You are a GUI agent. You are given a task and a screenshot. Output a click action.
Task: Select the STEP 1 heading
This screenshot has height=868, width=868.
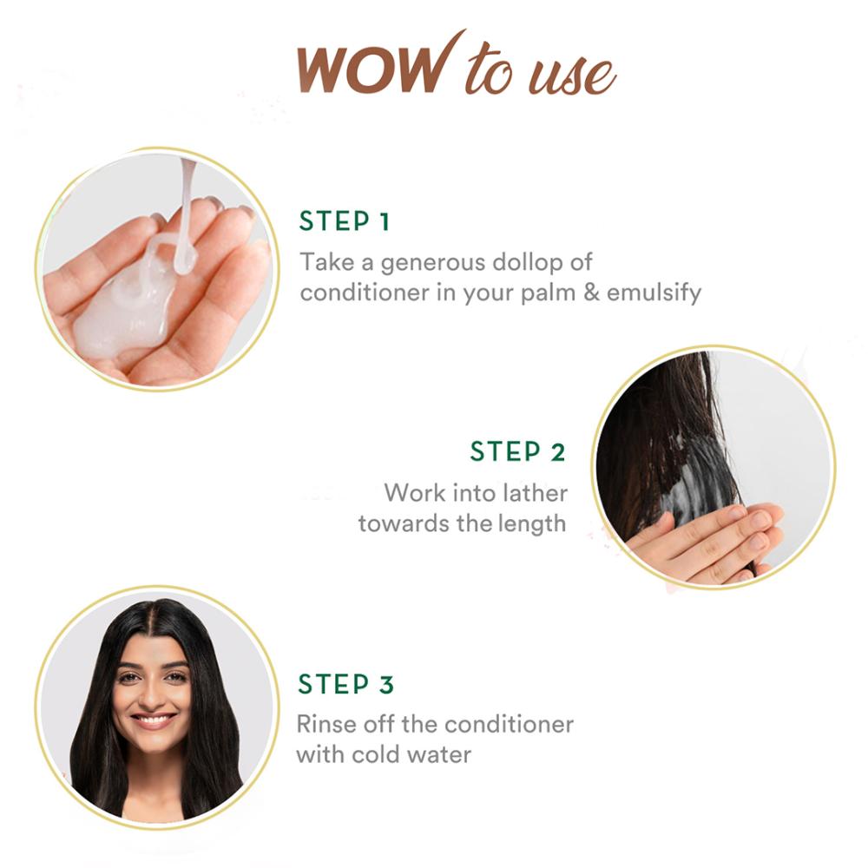[x=345, y=220]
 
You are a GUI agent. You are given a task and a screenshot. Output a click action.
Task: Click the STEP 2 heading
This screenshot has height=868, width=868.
[x=517, y=451]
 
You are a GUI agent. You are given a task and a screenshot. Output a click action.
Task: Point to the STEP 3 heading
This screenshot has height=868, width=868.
[x=346, y=684]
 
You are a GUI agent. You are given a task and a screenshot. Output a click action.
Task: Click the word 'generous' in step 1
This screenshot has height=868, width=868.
[x=432, y=263]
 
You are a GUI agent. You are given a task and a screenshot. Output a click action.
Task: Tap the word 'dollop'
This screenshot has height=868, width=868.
[x=527, y=262]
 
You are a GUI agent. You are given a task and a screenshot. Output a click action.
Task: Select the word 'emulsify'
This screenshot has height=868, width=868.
[x=654, y=293]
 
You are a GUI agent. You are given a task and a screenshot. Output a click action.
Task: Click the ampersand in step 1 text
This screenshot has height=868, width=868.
[x=590, y=293]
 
